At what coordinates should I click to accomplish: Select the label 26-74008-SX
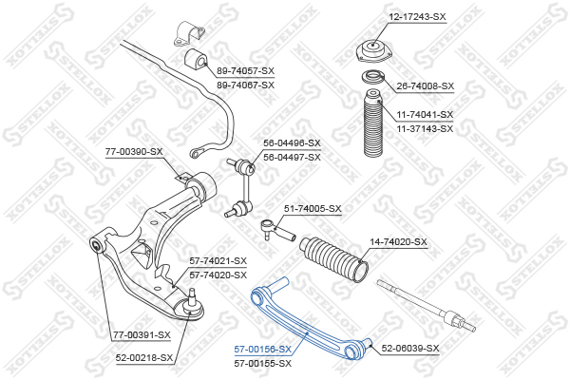tap(425, 85)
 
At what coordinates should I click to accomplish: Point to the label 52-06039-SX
tap(410, 349)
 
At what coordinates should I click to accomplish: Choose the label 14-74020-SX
tap(398, 242)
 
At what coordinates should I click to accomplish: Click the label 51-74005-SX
tap(313, 209)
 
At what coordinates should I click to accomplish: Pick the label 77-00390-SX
tap(134, 151)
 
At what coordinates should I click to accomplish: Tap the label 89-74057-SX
tap(245, 70)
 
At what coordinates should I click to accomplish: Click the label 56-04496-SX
tap(292, 143)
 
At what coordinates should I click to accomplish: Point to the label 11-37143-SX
tap(425, 127)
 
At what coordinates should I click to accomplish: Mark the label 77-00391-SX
tap(142, 334)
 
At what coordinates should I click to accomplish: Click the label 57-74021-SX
tap(218, 261)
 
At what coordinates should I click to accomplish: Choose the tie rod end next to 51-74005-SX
tap(275, 226)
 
